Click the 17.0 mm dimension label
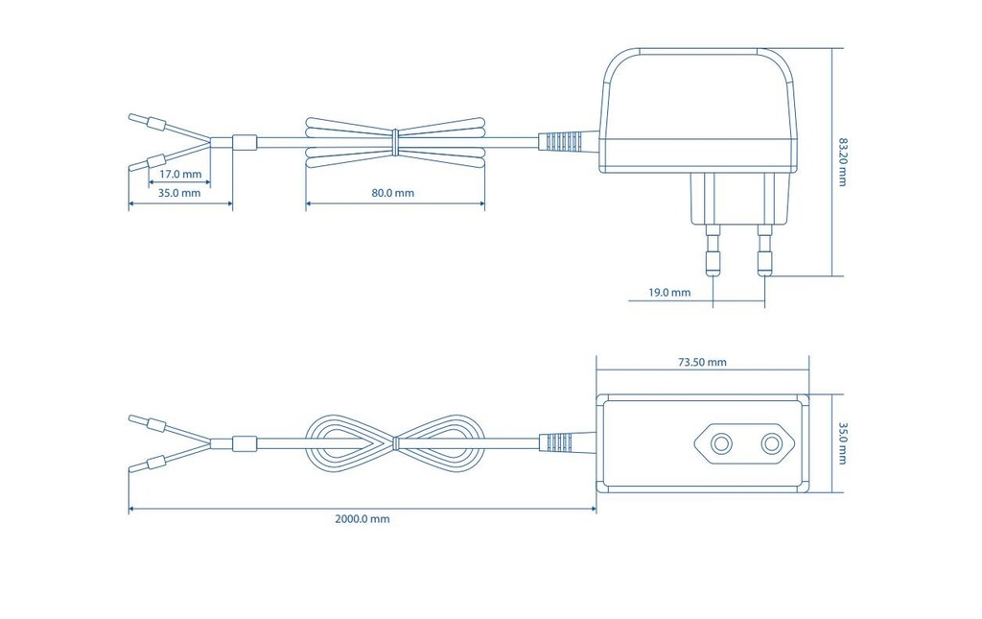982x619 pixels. pyautogui.click(x=180, y=174)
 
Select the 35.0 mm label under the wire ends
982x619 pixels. pyautogui.click(x=179, y=193)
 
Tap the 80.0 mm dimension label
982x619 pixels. pyautogui.click(x=392, y=193)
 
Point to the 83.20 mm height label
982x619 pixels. pyautogui.click(x=842, y=161)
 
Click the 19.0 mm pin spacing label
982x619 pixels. pyautogui.click(x=669, y=293)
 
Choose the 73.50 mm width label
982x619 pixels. pyautogui.click(x=703, y=362)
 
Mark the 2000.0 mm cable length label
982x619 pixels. pyautogui.click(x=362, y=519)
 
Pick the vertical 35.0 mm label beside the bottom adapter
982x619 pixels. pyautogui.click(x=842, y=443)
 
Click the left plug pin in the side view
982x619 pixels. pyautogui.click(x=713, y=250)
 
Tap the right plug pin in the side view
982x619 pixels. pyautogui.click(x=764, y=250)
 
